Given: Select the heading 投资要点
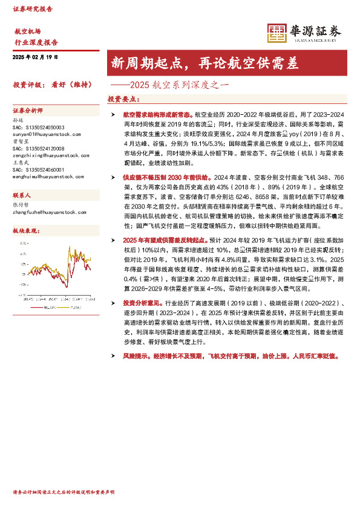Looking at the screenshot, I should [123, 98].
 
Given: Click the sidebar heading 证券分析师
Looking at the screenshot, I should [28, 111].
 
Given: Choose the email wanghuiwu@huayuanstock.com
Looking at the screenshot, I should [49, 176].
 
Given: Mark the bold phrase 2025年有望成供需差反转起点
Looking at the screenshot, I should [166, 241].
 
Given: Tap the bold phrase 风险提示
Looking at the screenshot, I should [134, 357].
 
